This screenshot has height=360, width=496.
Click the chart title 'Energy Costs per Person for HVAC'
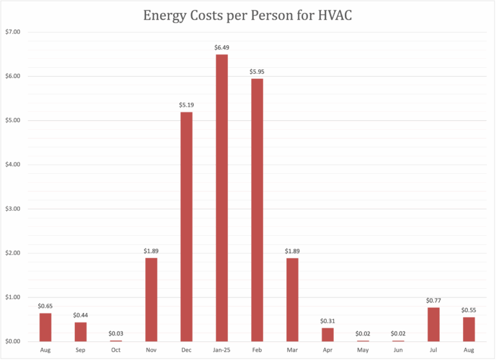click(248, 15)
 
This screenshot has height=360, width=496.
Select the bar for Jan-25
click(222, 197)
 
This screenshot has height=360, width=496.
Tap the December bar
click(186, 226)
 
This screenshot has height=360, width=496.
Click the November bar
click(151, 299)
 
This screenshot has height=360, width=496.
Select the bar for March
click(292, 299)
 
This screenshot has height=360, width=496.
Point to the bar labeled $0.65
click(45, 327)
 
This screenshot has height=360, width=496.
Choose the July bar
click(433, 324)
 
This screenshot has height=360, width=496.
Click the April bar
click(327, 334)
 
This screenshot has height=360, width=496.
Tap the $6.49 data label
click(222, 47)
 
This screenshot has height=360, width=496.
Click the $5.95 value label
click(256, 71)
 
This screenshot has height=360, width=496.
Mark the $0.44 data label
click(81, 315)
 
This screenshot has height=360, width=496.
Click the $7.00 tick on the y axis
click(13, 32)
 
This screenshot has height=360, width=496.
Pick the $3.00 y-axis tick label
click(13, 209)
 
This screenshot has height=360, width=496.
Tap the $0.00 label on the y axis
click(13, 341)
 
